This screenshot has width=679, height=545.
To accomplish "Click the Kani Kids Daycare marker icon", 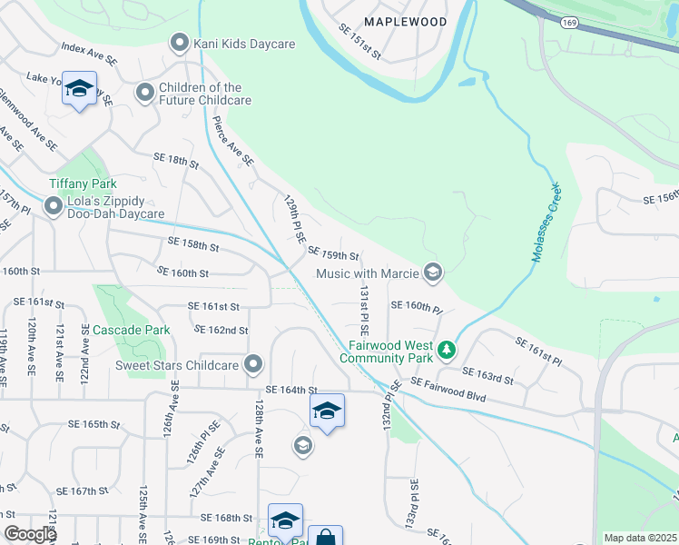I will tap(180, 43).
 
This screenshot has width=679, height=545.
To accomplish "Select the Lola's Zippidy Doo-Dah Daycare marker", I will tap(54, 206).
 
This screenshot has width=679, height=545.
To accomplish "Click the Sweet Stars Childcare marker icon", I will tap(253, 365).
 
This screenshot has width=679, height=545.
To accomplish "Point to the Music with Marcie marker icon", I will tap(433, 272).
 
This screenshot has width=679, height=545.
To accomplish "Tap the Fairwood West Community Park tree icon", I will tap(446, 350).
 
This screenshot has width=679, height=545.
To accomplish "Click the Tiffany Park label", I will tap(83, 183).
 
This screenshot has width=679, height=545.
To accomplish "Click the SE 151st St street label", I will tap(359, 42).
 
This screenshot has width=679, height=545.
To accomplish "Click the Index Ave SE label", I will tap(89, 53).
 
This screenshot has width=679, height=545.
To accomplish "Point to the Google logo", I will tap(30, 534).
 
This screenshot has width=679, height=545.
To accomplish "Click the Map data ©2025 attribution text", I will tap(640, 538).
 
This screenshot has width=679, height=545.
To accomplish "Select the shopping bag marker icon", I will tap(325, 537).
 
